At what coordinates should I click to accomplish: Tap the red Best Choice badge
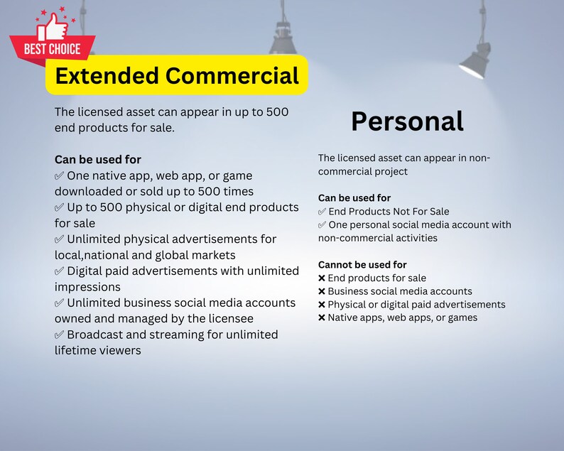tap(52, 49)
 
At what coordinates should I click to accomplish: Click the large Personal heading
tap(407, 121)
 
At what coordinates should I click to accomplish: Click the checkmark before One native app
tap(59, 175)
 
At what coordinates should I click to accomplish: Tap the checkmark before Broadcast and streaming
tap(59, 335)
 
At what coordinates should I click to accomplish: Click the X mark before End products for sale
tap(322, 278)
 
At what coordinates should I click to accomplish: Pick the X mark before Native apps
tap(322, 318)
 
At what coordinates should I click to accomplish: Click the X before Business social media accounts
tap(322, 291)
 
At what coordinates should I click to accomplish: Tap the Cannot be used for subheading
tap(362, 265)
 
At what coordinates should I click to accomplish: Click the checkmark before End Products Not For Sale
tap(322, 212)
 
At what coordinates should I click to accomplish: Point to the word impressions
tap(87, 287)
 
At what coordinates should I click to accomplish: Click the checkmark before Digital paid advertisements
tap(59, 271)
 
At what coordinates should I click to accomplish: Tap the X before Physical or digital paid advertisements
tap(322, 305)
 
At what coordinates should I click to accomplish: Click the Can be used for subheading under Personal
tap(354, 198)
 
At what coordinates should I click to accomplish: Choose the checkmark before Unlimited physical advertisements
tap(59, 239)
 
